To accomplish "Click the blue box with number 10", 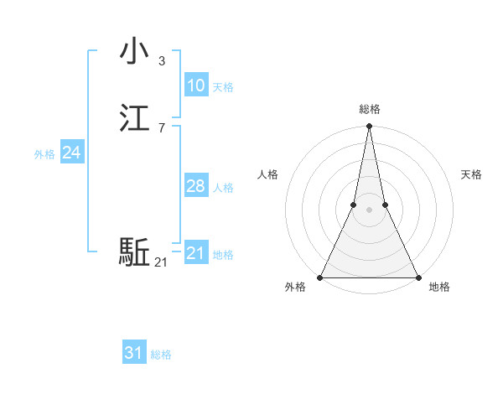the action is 195,86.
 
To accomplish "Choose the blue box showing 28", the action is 195,186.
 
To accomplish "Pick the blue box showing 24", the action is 71,153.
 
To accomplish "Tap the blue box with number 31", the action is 134,353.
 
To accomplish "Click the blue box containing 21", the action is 195,253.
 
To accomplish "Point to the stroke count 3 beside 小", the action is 162,61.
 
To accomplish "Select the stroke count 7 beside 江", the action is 162,128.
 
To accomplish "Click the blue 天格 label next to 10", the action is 223,87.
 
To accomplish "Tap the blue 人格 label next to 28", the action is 223,188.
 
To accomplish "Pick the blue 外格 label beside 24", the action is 44,154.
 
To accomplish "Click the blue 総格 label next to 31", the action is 161,355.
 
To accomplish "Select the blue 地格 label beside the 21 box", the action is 223,255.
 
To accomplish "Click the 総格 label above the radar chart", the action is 369,109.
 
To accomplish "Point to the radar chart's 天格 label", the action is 471,174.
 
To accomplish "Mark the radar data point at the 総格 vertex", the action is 369,127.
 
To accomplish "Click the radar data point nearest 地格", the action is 417,277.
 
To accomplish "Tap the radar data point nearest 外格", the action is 320,277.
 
